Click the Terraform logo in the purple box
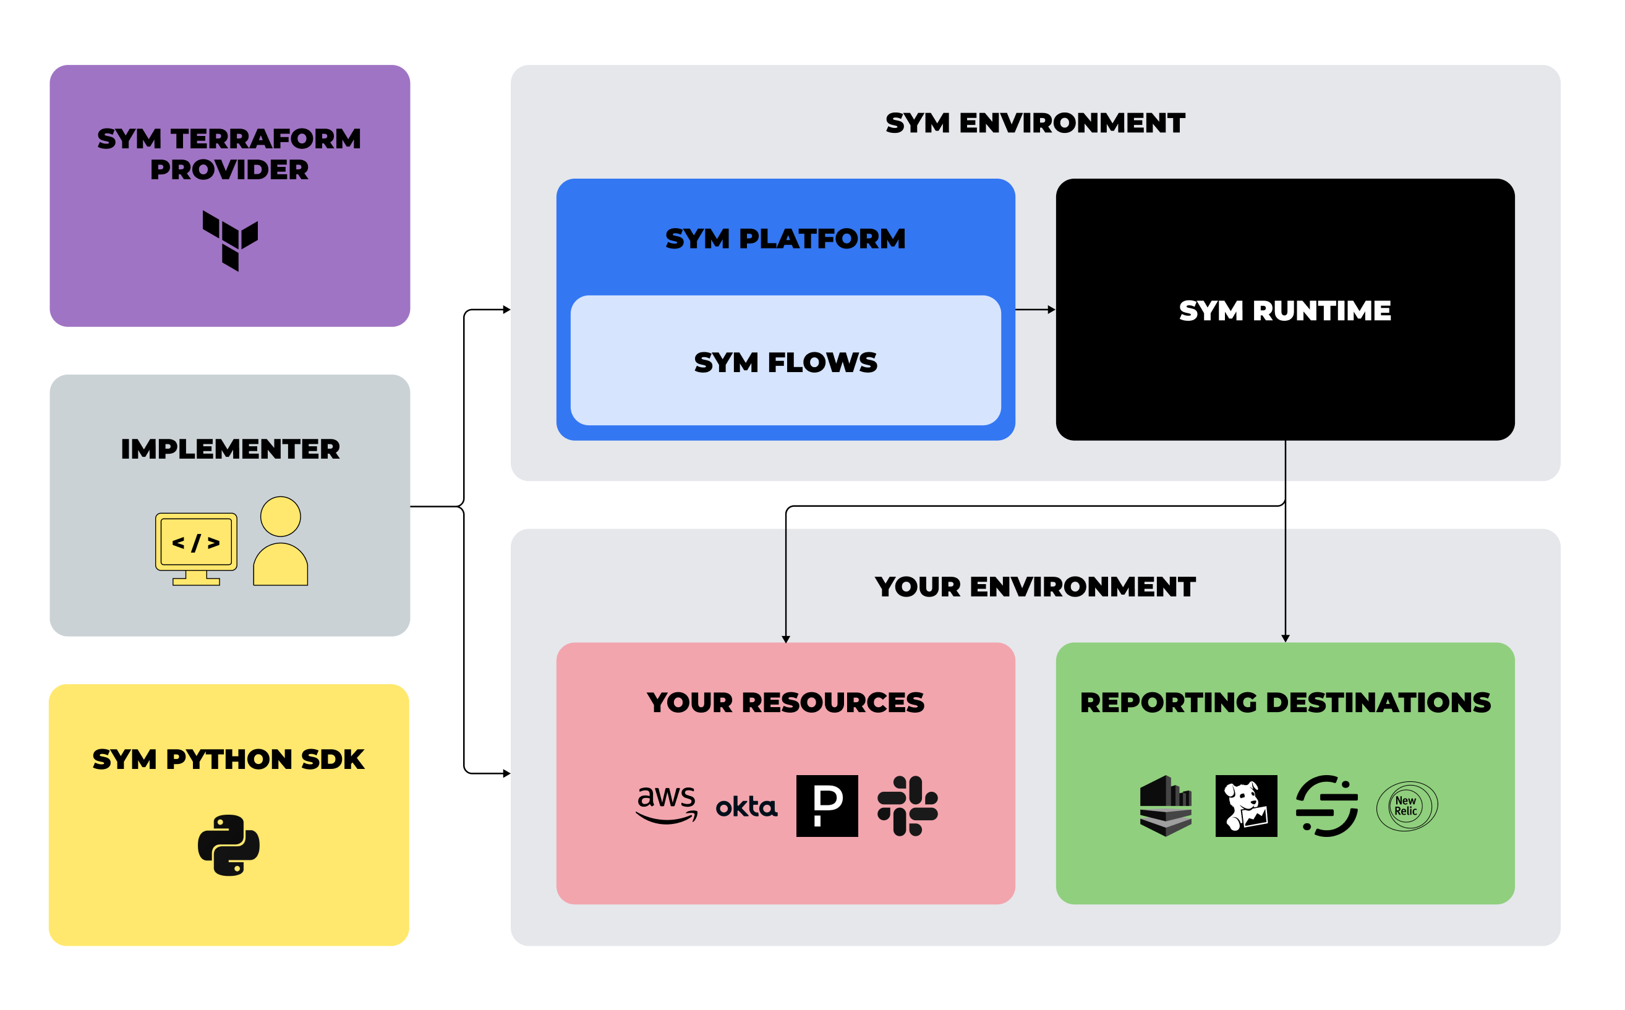[x=231, y=240]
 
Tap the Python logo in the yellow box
[x=229, y=845]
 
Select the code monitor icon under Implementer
[x=196, y=548]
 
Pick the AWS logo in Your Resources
[x=666, y=805]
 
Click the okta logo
[x=746, y=807]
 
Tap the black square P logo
[x=827, y=805]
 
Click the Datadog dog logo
[x=1246, y=805]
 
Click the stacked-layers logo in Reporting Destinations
[x=1166, y=805]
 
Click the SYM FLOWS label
[x=785, y=363]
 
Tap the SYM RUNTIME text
[x=1285, y=311]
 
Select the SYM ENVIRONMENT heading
[x=1035, y=123]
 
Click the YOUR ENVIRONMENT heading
[x=1035, y=587]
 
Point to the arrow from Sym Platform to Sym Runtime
[x=1036, y=310]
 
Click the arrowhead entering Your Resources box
[x=786, y=639]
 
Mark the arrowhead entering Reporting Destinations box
[x=1286, y=639]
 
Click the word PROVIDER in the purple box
[x=229, y=169]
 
